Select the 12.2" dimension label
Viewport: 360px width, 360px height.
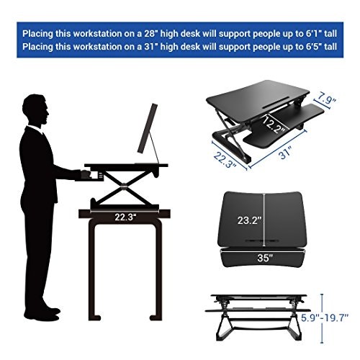274,125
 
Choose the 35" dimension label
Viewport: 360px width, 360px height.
266,256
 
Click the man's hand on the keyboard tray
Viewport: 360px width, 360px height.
84,174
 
